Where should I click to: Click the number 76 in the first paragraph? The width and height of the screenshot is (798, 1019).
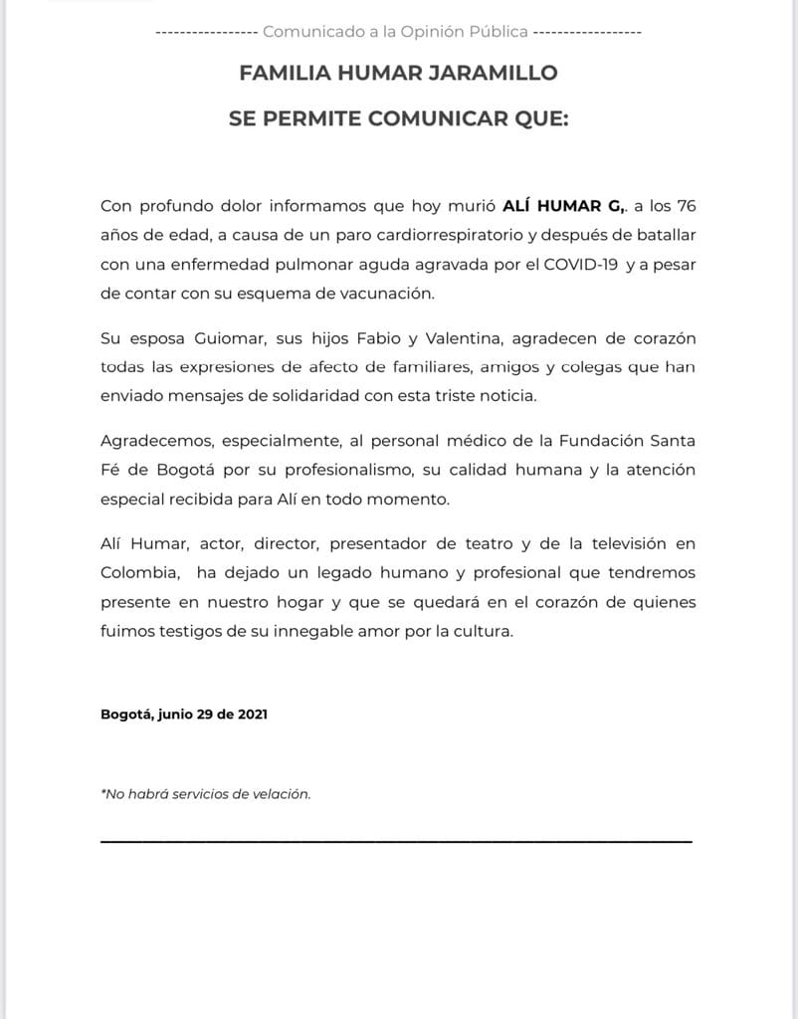click(x=686, y=207)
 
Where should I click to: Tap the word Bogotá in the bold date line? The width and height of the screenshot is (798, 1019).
click(x=126, y=714)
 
